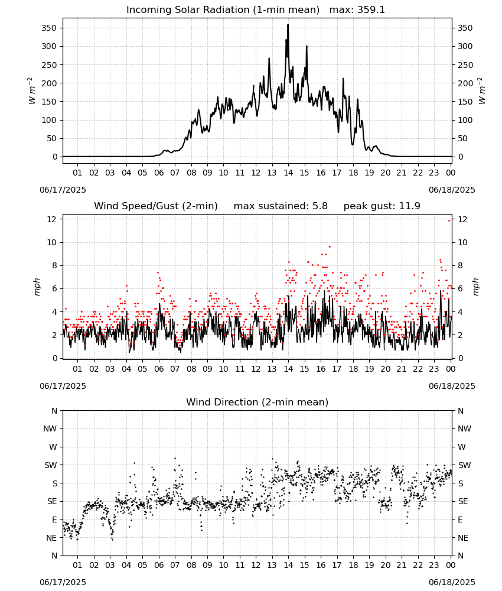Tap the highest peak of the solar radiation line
pos(288,24)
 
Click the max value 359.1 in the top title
pos(371,9)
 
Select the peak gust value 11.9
pos(408,206)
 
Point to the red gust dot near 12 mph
pos(449,220)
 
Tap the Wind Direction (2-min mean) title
pos(257,402)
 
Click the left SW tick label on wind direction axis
pos(51,465)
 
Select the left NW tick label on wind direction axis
pos(50,428)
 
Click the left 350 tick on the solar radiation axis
pos(50,28)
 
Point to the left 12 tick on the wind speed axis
pos(52,219)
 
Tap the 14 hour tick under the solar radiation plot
pos(288,173)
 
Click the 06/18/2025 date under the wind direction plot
pos(452,582)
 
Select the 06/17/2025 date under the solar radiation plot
pos(63,190)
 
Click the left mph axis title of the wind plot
pos(37,287)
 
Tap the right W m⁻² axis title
pos(482,91)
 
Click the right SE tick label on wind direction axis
pos(463,501)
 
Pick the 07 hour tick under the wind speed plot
pos(175,369)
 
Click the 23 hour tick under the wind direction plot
pos(434,565)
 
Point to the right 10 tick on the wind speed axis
pos(462,242)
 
